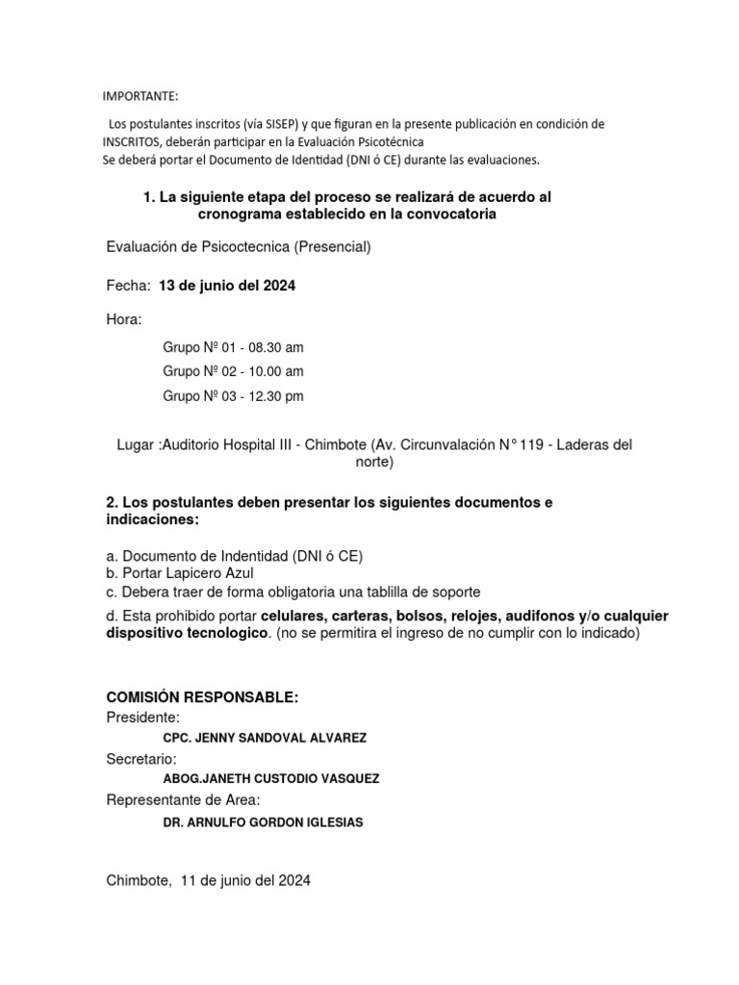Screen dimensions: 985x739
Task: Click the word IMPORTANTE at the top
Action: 140,96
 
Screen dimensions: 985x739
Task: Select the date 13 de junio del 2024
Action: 227,286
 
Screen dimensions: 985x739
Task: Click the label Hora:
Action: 124,319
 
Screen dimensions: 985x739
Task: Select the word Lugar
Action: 135,444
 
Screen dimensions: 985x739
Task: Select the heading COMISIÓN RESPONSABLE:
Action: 203,696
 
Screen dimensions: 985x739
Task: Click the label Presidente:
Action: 142,718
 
